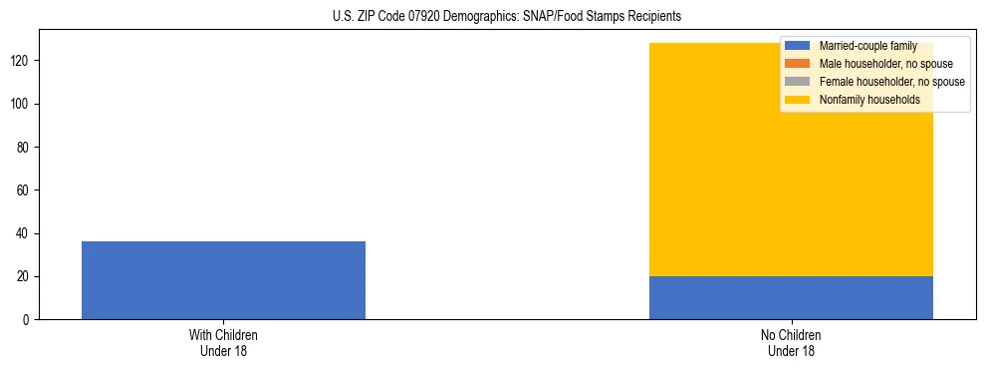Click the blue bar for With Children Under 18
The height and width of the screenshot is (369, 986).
pos(223,280)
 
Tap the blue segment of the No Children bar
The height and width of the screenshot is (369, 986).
pos(791,297)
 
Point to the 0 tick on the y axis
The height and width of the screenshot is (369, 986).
pos(27,320)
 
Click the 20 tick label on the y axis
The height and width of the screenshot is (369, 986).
pos(24,277)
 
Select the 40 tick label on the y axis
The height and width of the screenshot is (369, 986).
pos(24,233)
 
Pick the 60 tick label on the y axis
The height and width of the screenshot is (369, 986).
pos(24,190)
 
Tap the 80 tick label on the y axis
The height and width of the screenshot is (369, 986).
pos(24,148)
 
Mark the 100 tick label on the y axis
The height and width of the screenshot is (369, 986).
pos(21,105)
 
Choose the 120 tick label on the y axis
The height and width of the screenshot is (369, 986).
pos(21,61)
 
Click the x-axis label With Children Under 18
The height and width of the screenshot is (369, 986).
pos(223,343)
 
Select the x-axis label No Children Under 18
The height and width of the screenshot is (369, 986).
pos(791,343)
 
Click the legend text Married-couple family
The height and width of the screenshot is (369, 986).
pos(867,46)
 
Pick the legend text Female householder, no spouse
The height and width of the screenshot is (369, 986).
pos(891,82)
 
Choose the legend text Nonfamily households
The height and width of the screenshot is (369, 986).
pos(869,100)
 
